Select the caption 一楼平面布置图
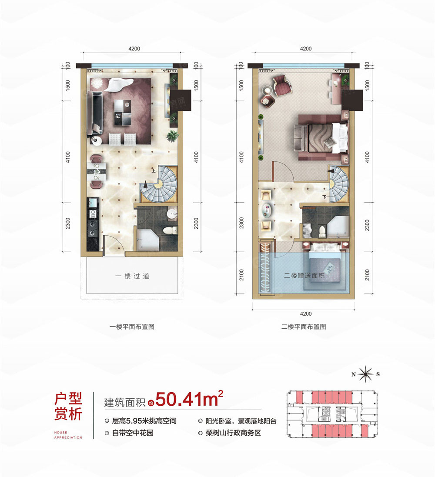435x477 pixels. coord(133,327)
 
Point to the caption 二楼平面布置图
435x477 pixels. coord(304,327)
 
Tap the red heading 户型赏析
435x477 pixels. coord(68,406)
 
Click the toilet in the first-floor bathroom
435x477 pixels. coord(173,230)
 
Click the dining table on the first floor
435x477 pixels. coord(96,171)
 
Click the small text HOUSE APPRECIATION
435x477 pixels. coord(68,435)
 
